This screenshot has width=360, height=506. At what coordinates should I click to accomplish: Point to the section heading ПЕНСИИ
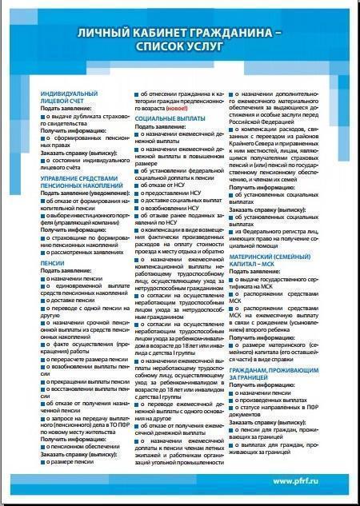[x=52, y=261]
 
